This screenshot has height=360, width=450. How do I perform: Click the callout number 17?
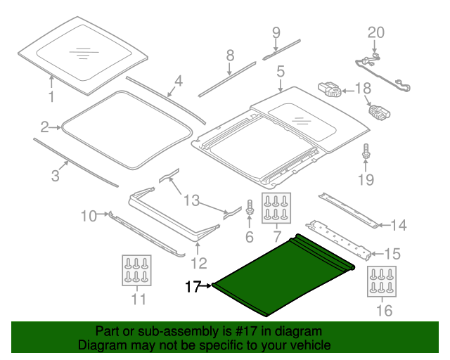193,286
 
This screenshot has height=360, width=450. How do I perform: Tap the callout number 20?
376,32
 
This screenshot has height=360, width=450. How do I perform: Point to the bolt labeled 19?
366,151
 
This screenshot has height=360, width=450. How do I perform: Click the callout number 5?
280,72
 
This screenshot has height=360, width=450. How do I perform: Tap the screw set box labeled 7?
276,207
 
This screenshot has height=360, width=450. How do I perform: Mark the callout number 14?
398,225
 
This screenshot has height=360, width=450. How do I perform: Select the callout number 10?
87,216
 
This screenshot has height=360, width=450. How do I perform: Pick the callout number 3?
55,176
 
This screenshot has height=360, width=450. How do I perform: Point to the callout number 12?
199,263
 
